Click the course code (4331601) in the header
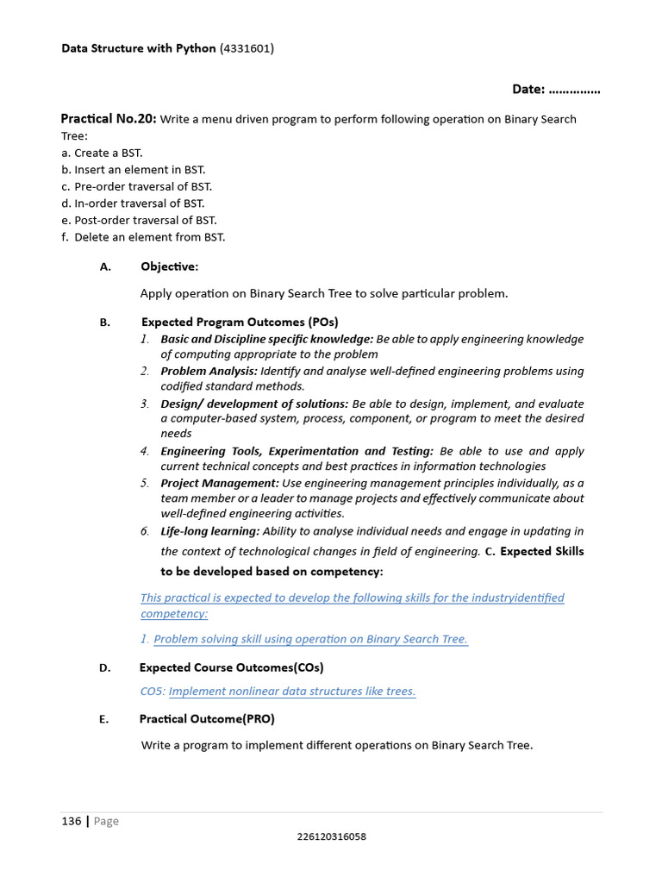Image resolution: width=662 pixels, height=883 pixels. (x=247, y=48)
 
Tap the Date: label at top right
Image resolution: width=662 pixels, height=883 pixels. (x=528, y=89)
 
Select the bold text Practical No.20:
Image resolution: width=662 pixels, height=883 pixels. (x=109, y=119)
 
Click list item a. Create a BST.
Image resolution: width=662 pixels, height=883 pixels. (x=102, y=153)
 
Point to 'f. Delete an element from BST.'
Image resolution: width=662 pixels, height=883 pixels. (x=143, y=237)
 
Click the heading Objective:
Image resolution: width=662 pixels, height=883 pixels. (x=169, y=266)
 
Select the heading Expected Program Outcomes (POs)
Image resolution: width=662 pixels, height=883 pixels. (x=240, y=323)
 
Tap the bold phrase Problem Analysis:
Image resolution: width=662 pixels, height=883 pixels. (x=209, y=371)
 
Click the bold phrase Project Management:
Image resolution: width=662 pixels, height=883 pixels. (x=220, y=483)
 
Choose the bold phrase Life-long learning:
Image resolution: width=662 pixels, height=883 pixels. (x=209, y=530)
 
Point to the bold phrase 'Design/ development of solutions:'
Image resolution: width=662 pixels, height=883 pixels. (x=254, y=404)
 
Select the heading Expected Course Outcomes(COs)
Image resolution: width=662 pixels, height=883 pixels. (x=231, y=667)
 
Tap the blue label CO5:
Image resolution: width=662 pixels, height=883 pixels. (x=153, y=691)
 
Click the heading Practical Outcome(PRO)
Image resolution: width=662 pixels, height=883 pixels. (x=207, y=718)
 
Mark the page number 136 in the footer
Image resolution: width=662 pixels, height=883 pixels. (x=71, y=821)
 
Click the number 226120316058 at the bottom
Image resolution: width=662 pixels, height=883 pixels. (x=331, y=836)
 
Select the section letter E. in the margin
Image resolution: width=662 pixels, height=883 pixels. (x=104, y=718)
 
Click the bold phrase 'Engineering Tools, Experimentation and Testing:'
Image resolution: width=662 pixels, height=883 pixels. (x=297, y=451)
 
